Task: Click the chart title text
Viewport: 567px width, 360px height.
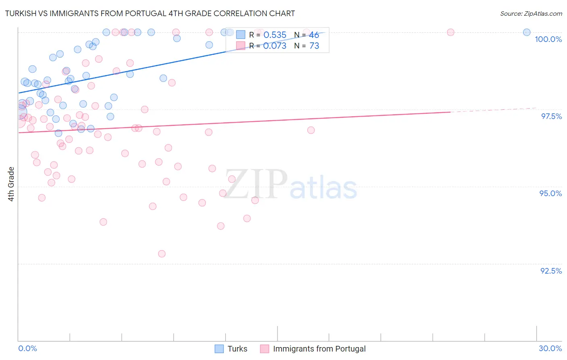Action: click(x=150, y=13)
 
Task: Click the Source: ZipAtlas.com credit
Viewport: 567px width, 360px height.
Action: click(x=531, y=13)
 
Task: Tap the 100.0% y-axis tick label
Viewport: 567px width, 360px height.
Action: click(x=548, y=39)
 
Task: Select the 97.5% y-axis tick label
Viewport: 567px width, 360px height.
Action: click(x=551, y=116)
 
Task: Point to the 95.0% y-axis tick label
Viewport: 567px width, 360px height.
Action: click(x=550, y=193)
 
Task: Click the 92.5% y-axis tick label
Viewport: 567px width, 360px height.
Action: click(x=551, y=271)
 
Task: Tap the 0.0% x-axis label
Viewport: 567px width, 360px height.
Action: click(x=27, y=348)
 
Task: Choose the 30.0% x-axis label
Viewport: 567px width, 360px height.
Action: click(x=550, y=348)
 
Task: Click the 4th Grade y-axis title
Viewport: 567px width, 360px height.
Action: click(x=11, y=184)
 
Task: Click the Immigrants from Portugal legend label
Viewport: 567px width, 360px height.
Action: click(x=319, y=349)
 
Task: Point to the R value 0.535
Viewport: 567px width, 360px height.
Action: click(x=275, y=35)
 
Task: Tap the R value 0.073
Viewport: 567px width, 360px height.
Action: click(x=275, y=46)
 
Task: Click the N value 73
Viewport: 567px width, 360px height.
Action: click(x=314, y=46)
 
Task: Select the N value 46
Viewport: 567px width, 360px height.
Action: click(x=314, y=35)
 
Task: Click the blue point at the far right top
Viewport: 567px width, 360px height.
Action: click(x=527, y=32)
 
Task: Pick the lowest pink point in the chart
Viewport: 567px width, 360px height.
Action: click(x=162, y=254)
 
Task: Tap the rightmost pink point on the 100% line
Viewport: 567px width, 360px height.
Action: click(x=450, y=32)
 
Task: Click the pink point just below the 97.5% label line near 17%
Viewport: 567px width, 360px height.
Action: click(x=311, y=130)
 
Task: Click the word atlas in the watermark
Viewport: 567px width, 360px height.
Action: click(x=323, y=188)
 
